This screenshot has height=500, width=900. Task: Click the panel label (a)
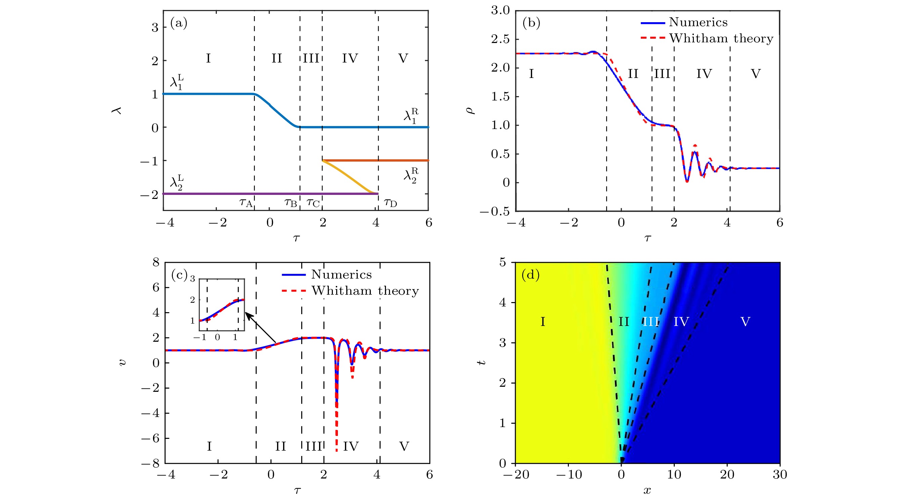[179, 23]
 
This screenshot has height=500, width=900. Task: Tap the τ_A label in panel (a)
[246, 203]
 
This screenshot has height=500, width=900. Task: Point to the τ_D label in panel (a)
[391, 203]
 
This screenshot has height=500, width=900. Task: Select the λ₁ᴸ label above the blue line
[177, 82]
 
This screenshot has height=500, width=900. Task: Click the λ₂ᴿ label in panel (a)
[411, 175]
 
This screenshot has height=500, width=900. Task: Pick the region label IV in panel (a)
[350, 58]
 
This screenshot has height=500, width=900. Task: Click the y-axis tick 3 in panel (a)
[155, 27]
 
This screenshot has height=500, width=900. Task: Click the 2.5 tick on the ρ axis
[500, 39]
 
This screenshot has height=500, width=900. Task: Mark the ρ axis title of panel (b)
[470, 111]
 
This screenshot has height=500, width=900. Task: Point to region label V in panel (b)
[756, 74]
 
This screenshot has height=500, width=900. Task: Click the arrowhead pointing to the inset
[248, 315]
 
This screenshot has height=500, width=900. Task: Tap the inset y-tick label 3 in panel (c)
[192, 279]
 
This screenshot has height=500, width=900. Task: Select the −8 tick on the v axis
[151, 463]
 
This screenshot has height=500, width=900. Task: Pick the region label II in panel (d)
[624, 322]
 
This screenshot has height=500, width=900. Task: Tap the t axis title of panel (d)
[482, 363]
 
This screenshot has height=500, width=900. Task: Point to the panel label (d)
[531, 275]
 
